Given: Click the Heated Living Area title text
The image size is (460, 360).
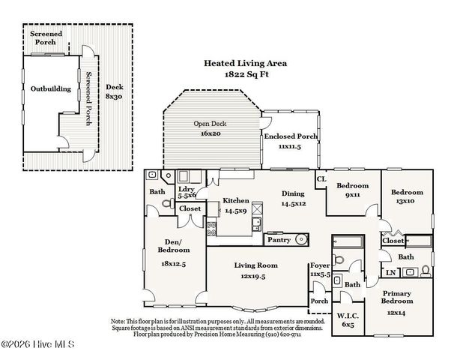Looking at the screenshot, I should click(x=246, y=64).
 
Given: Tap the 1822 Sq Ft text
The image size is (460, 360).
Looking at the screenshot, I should click(x=246, y=76).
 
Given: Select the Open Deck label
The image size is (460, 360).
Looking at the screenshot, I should click(x=211, y=128).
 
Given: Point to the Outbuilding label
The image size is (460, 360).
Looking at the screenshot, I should click(x=51, y=88).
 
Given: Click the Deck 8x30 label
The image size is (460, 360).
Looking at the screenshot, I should click(x=114, y=91).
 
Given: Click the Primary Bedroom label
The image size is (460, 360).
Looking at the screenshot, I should click(x=397, y=301).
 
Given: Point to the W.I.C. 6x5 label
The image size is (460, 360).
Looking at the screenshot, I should click(x=346, y=319).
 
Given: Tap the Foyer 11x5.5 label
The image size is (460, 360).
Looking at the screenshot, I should click(x=320, y=270).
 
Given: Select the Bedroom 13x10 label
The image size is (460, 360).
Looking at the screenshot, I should click(x=408, y=197).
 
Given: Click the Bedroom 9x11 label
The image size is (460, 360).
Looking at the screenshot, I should click(x=351, y=190).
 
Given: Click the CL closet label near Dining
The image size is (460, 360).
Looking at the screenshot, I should click(x=321, y=179).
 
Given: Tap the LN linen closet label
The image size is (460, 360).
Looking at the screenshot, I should click(x=390, y=271).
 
